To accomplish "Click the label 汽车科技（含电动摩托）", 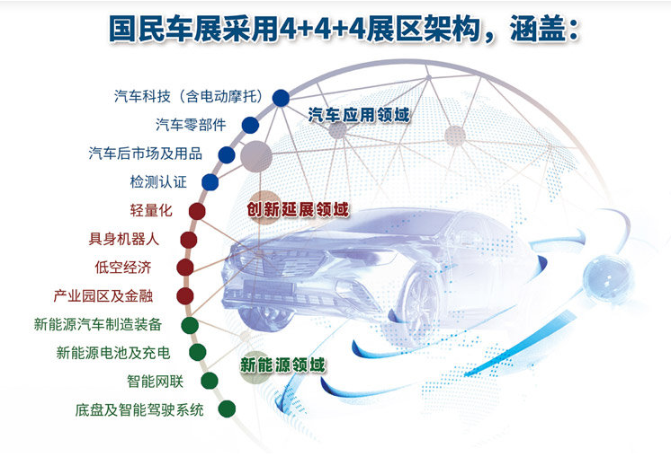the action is pos(189,97).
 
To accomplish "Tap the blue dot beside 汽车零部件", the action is pos(250,125).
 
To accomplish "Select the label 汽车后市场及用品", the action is pos(146,154).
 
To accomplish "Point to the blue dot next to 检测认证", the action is pos(210,182).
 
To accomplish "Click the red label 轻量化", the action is pos(151,211).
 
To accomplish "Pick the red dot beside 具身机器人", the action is pos(189,240).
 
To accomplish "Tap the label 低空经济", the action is pos(123,268).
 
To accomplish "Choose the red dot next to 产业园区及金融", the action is pos(185,296).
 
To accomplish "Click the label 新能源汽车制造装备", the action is pos(98,325).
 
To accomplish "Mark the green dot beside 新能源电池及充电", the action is pos(198,353).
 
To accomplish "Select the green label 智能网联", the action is pos(156,382).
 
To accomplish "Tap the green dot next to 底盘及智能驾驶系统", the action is pos(227,409).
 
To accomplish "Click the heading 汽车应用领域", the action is pos(359,115).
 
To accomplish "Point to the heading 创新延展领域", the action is pos(298,210).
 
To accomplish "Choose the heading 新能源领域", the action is pos(282,365).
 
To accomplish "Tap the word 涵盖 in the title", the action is pos(538,30).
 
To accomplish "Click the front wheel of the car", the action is pos(422,301).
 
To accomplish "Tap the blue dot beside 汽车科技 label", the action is pos(281,98).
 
